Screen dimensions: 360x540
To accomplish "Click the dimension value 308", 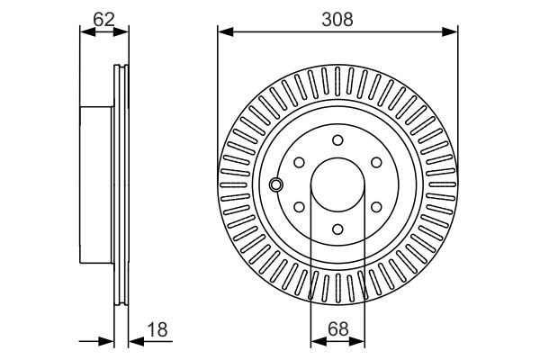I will (337, 18).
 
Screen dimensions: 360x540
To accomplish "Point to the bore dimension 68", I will (337, 329).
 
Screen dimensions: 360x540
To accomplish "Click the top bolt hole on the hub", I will (337, 140).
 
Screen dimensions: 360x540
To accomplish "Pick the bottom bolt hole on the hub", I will (337, 229).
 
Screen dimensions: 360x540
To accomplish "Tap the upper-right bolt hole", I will (376, 163).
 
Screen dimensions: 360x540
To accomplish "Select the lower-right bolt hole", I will (376, 207).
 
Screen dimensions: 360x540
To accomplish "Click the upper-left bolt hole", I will (299, 163).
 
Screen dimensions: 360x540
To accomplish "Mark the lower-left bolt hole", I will (299, 207).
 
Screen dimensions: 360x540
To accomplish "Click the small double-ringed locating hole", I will (276, 184).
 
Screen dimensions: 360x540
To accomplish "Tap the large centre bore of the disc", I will (337, 184).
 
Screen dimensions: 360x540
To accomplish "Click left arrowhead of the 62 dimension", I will (85, 32).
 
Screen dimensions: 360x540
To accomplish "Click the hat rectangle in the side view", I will (97, 184).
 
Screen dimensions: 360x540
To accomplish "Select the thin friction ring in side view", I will (119, 184).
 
